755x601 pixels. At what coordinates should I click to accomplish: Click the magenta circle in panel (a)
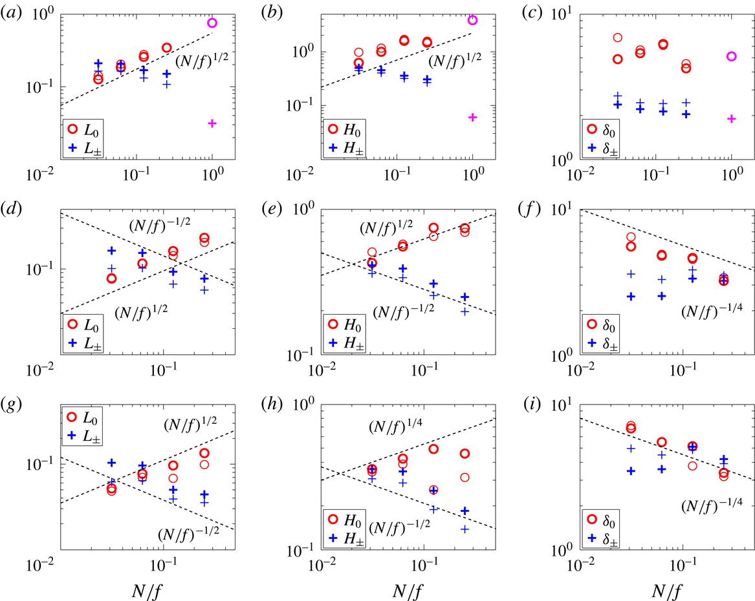coord(212,23)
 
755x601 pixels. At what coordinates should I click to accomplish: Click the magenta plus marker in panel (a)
coord(212,123)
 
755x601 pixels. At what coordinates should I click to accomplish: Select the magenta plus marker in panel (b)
coord(472,117)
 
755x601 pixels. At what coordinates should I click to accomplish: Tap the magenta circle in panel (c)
coord(731,56)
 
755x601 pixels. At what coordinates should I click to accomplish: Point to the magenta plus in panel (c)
coord(731,118)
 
